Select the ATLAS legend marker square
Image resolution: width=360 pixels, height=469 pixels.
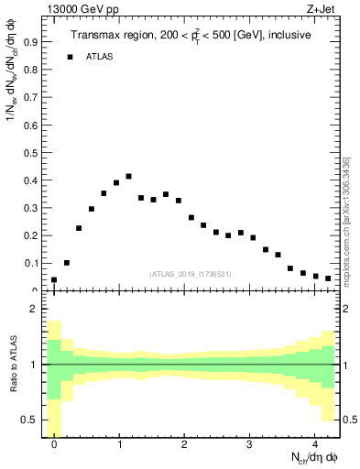click(70, 57)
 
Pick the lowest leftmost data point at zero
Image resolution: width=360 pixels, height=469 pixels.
click(54, 279)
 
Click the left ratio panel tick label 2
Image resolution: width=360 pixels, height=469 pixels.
click(34, 310)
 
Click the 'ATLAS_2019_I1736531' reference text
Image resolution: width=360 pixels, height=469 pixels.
click(190, 273)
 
